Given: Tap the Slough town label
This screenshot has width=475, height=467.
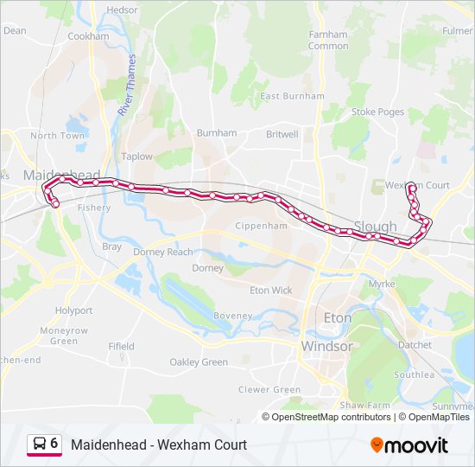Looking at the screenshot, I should click(x=375, y=227).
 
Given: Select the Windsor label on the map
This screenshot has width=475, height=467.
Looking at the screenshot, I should click(x=326, y=346).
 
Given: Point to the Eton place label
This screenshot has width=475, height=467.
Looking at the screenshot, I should click(x=337, y=318).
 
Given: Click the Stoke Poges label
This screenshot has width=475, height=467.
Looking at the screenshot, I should click(x=377, y=112).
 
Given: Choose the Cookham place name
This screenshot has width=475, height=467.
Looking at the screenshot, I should click(x=88, y=36).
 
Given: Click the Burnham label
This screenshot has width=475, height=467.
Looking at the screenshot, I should click(x=216, y=133).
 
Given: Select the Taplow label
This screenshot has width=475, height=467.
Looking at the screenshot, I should click(x=136, y=157).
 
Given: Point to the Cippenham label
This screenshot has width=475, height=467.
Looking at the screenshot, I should click(x=262, y=226).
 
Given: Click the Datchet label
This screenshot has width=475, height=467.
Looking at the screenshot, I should click(x=415, y=344).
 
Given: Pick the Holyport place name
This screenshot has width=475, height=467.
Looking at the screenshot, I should click(x=73, y=310).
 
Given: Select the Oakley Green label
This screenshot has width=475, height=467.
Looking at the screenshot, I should click(x=199, y=362).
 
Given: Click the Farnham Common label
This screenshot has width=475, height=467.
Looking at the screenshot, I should click(x=328, y=40).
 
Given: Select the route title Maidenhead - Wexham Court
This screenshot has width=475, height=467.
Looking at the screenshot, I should click(x=159, y=445).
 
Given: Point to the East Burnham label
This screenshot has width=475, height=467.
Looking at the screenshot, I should click(x=292, y=96).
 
